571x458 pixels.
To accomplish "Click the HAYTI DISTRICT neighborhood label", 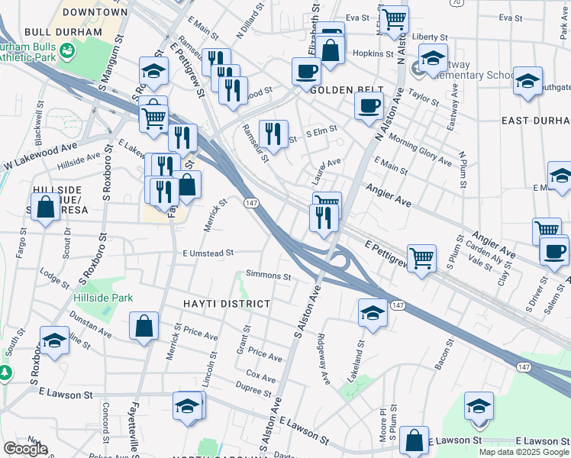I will tap(227, 304).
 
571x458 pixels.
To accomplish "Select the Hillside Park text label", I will tap(104, 298).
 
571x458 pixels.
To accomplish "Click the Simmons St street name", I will tap(268, 276).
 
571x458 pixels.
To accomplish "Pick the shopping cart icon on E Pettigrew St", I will tap(421, 257).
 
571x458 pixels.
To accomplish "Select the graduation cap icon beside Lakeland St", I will tap(372, 312).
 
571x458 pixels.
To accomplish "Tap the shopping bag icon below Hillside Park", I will tap(144, 326).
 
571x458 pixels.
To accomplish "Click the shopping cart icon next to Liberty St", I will tap(393, 19).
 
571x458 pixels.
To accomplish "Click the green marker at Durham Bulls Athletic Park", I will tap(69, 51).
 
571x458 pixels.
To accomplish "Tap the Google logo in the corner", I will tap(24, 449).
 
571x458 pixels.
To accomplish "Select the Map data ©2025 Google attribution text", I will tap(524, 452).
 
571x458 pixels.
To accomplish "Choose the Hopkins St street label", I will tap(372, 53).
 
